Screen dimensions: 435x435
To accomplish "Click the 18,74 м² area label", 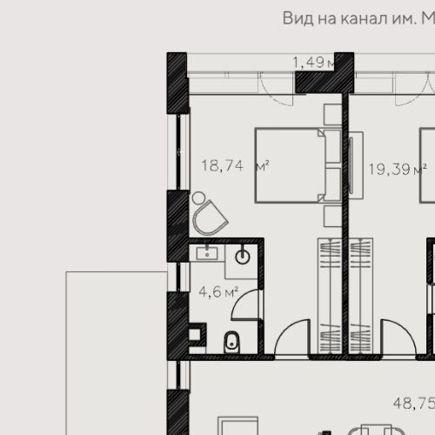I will pos(234,166).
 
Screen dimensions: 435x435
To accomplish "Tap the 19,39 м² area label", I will pos(396,169).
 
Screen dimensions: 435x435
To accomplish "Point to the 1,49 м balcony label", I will pos(314,62).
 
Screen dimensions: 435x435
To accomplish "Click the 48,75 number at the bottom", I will pos(413,404).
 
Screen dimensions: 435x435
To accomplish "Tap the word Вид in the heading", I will pos(298,17).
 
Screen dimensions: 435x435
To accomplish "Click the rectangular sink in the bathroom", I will pos(208,254).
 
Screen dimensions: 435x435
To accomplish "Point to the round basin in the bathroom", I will pos(243,257).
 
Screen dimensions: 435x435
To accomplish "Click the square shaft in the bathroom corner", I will pos(197,333).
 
